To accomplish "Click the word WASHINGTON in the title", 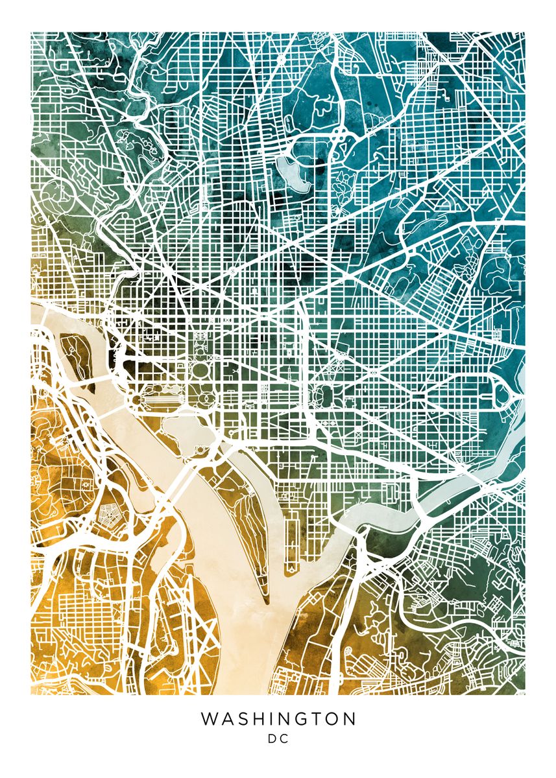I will tap(278, 719).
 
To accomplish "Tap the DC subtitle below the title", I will tap(278, 738).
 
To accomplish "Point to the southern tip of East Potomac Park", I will tap(265, 600).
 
